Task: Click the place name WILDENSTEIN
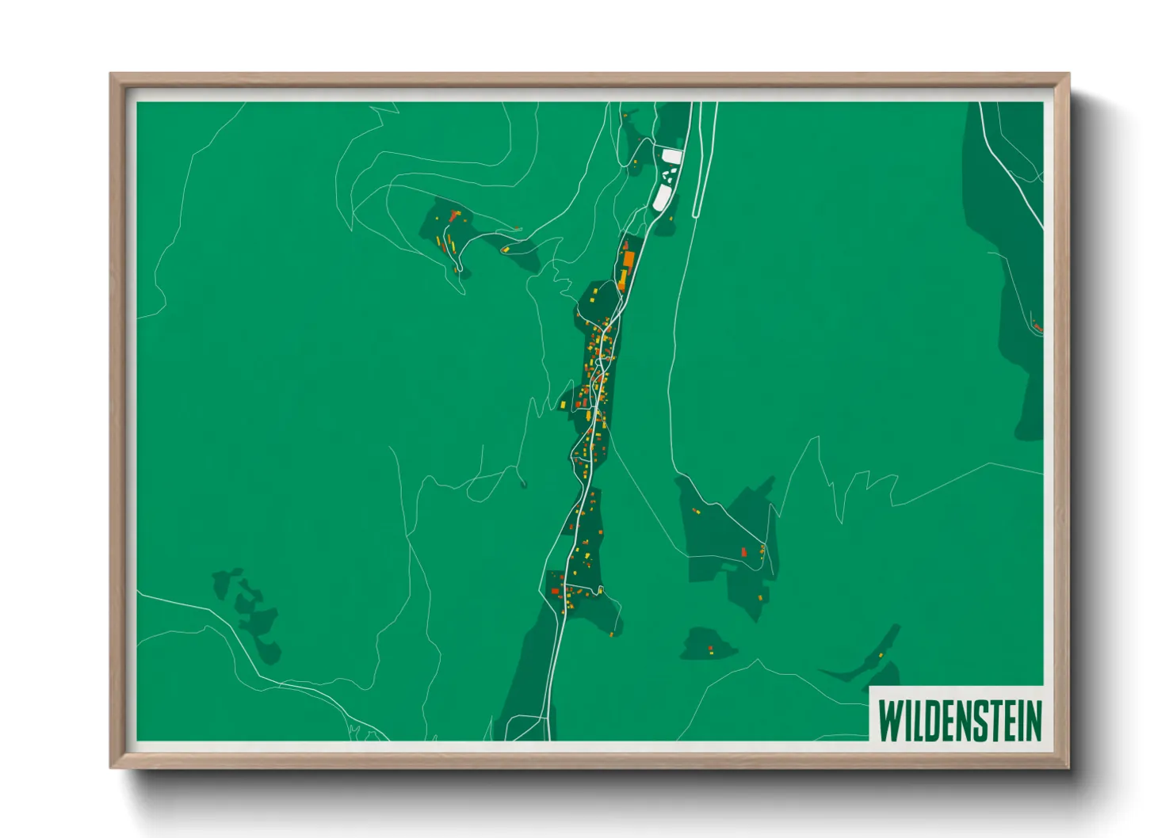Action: pos(959,719)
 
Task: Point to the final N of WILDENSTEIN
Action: pos(1033,719)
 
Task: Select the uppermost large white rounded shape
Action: pos(672,157)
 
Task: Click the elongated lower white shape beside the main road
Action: pos(660,198)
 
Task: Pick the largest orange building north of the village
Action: pos(629,259)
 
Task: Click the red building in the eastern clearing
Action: pos(743,551)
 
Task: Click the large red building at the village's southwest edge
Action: pos(555,591)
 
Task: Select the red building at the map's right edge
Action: pos(1037,327)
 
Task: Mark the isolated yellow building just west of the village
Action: pos(562,406)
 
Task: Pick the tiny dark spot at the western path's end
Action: pos(524,484)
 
